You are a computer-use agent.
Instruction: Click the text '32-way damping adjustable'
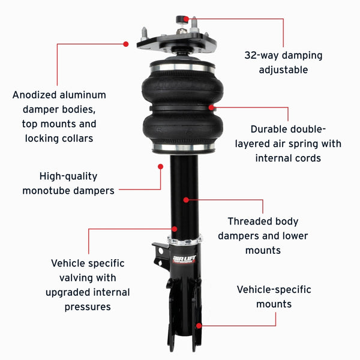[x=283, y=62]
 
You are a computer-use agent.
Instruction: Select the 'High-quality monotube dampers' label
[x=68, y=184]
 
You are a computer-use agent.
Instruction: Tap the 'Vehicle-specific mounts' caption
[x=274, y=296]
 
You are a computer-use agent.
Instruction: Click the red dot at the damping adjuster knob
[x=194, y=20]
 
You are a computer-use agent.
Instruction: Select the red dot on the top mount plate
[x=126, y=44]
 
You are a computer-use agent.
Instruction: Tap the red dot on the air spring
[x=211, y=107]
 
